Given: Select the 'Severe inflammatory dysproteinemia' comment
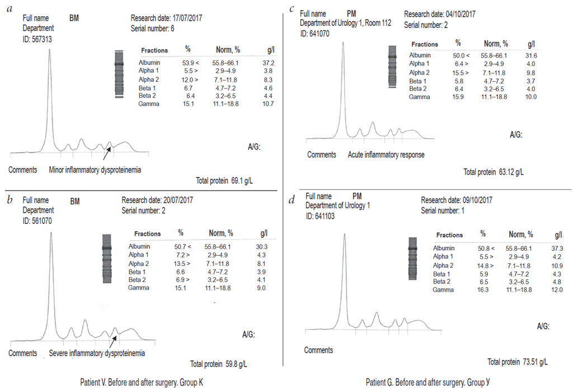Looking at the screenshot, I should (97, 353).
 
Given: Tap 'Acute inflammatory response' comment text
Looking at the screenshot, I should (386, 155).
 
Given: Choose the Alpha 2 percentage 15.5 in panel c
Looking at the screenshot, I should (458, 73).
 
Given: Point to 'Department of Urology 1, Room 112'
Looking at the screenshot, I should (345, 23).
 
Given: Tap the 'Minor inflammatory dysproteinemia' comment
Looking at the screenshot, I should (94, 170).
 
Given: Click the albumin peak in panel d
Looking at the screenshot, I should (345, 235).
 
